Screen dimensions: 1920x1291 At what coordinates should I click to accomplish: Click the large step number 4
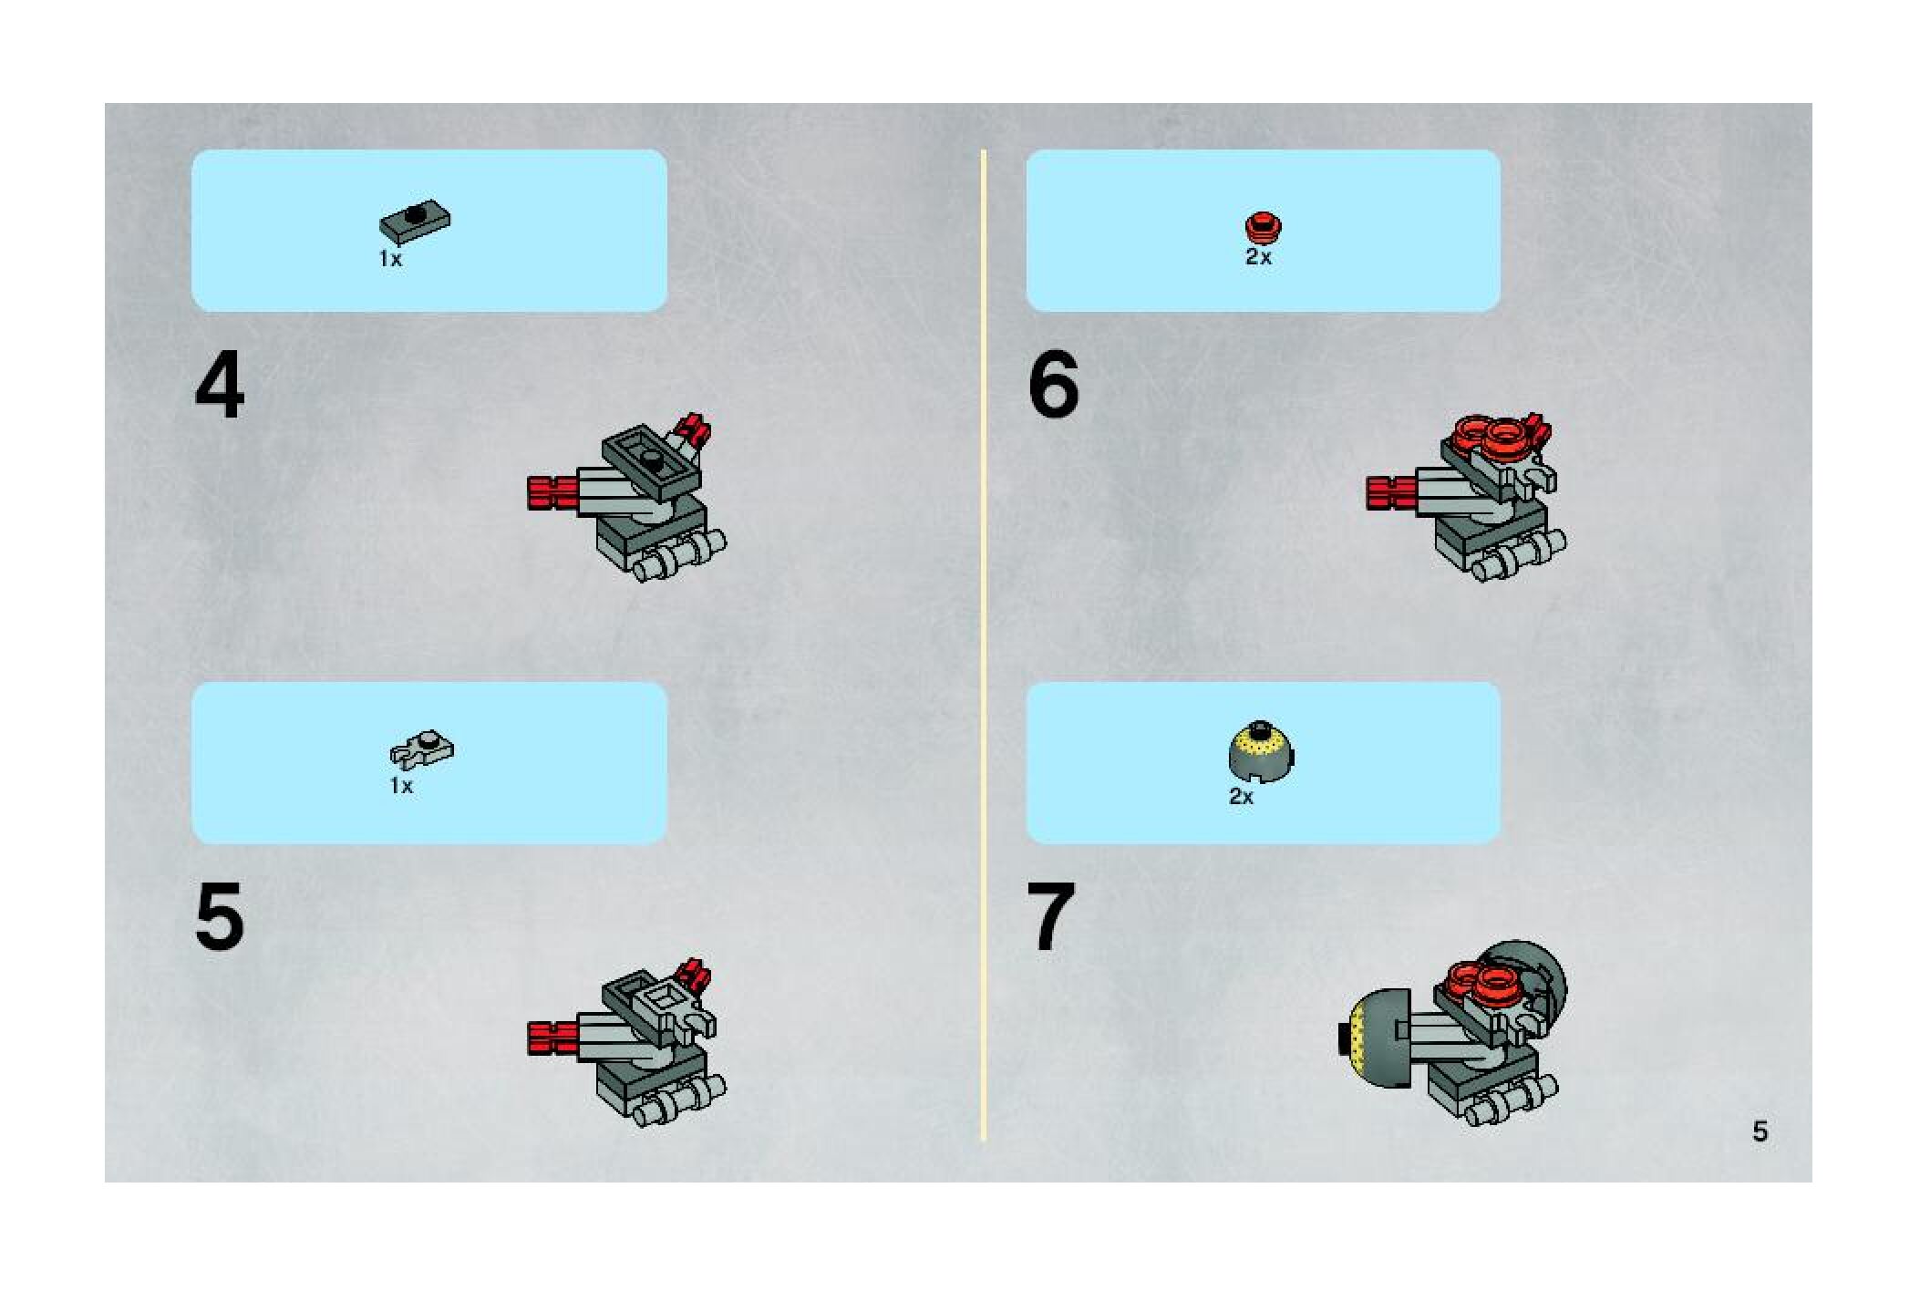(220, 386)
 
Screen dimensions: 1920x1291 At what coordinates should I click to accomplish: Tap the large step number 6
(1053, 386)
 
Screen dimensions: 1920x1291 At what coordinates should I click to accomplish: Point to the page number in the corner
(1760, 1131)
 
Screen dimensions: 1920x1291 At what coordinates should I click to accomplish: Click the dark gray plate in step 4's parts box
(416, 222)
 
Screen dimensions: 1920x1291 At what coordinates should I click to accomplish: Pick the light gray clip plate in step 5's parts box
(422, 750)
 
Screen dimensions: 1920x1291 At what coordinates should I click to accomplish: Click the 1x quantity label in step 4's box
(390, 259)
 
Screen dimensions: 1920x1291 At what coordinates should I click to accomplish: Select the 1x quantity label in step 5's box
(401, 786)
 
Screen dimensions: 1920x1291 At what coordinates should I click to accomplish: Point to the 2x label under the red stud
(1258, 257)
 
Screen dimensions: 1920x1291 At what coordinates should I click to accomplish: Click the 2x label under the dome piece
(1241, 797)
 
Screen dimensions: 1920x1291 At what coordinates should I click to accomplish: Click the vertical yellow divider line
(984, 645)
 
